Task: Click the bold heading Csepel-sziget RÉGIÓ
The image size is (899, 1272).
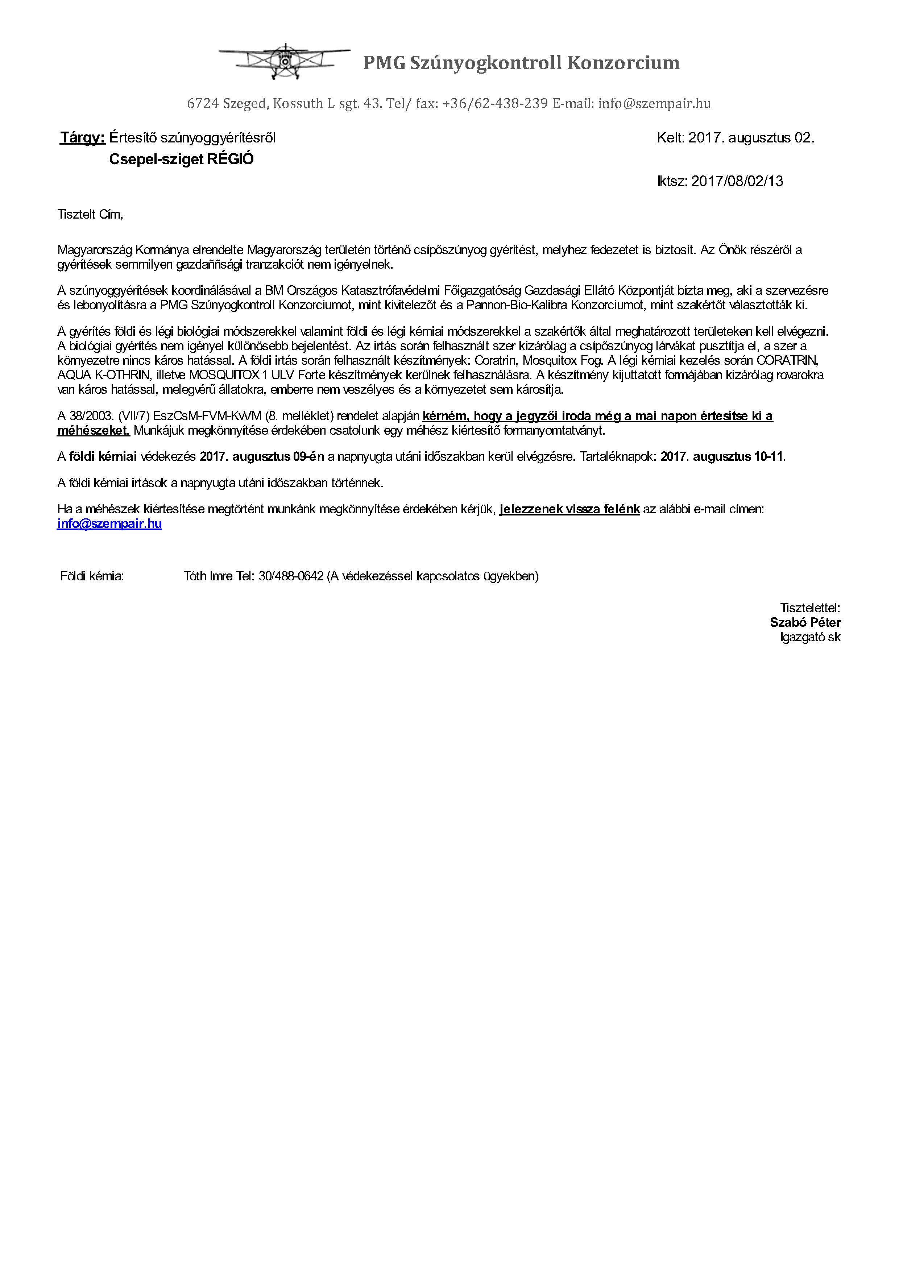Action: tap(181, 159)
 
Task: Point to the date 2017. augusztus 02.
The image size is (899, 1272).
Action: tap(751, 138)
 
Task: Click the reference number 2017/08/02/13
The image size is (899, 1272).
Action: tap(737, 181)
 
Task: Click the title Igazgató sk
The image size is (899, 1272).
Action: tap(810, 637)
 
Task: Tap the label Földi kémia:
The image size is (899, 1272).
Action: tap(92, 576)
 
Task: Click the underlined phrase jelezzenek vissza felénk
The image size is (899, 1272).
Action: tap(569, 509)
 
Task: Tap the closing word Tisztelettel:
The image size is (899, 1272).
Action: tap(810, 608)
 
